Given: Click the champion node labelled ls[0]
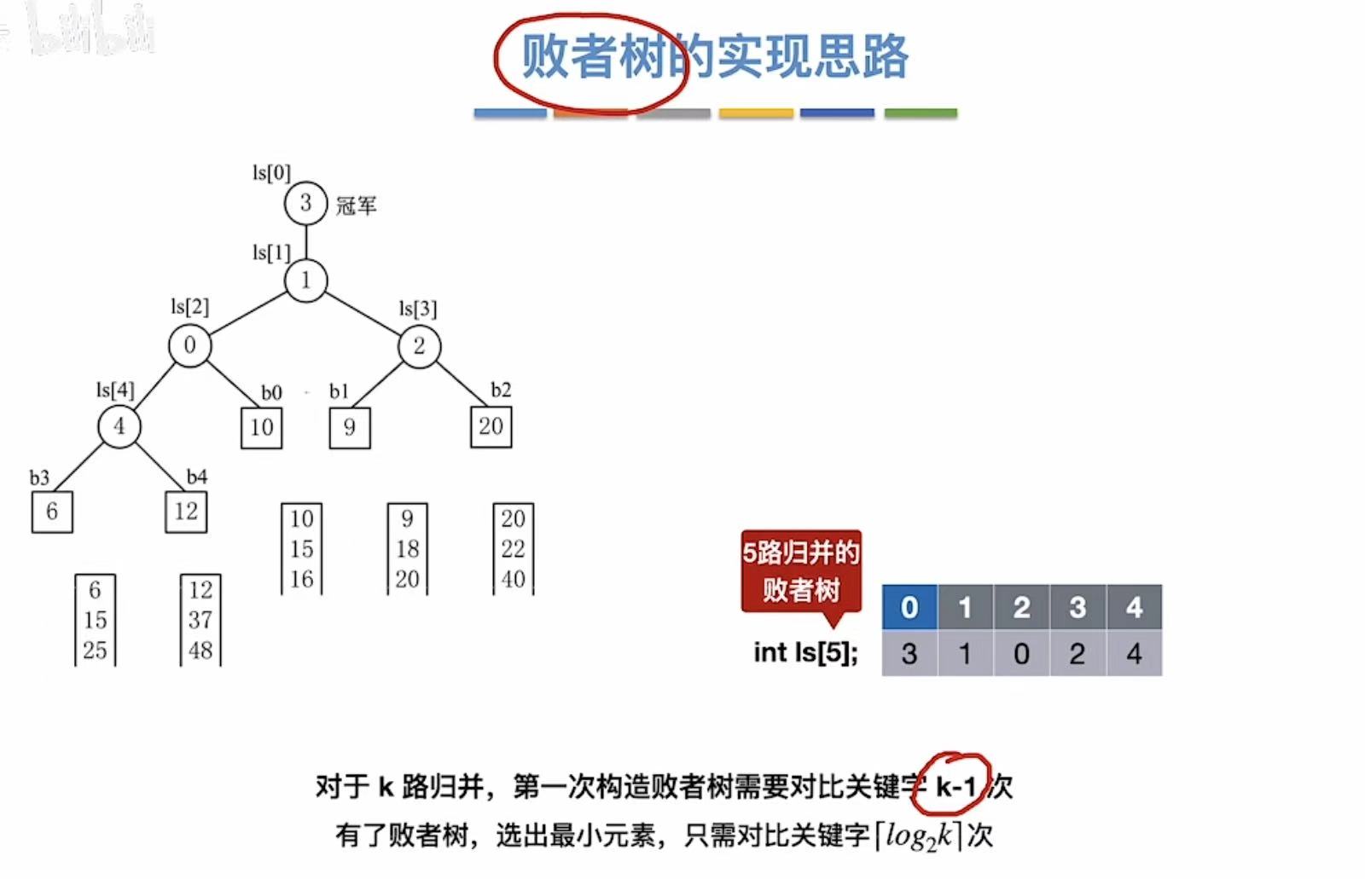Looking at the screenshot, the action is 305,204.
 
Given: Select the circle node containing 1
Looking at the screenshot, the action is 305,280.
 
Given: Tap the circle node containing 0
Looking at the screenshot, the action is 189,345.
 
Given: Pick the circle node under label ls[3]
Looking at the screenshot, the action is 419,345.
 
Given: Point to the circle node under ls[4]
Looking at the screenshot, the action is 119,426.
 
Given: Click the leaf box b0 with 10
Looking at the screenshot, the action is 261,427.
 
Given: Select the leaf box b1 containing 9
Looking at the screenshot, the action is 350,427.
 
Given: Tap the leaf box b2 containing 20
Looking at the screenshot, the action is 491,426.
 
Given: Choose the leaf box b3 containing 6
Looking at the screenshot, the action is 52,512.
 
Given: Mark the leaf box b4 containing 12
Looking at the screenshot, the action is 186,512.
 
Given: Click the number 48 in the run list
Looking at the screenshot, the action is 200,651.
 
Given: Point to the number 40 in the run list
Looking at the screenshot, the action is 513,579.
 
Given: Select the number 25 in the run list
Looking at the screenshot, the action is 95,651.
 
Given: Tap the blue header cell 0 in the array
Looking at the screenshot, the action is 909,607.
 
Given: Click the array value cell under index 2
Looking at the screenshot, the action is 1021,654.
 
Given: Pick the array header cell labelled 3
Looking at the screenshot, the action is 1077,607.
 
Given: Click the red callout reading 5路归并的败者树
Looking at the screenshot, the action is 800,571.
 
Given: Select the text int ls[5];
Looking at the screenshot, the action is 805,652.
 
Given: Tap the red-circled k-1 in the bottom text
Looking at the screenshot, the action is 955,786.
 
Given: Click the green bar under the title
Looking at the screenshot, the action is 921,113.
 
